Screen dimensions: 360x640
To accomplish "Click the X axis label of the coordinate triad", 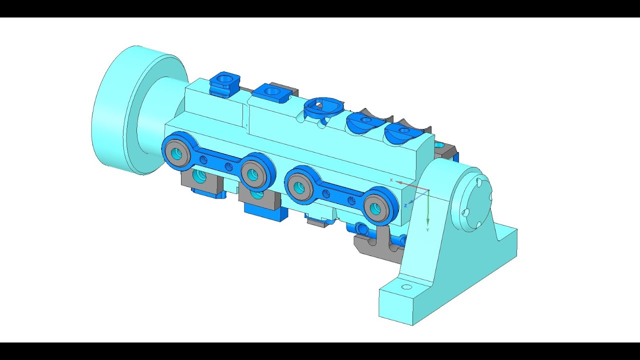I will tap(391, 180).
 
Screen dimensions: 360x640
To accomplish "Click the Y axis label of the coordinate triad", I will tap(428, 229).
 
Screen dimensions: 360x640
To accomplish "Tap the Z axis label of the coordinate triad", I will tap(405, 205).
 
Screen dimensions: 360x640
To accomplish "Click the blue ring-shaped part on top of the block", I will tap(323, 106).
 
